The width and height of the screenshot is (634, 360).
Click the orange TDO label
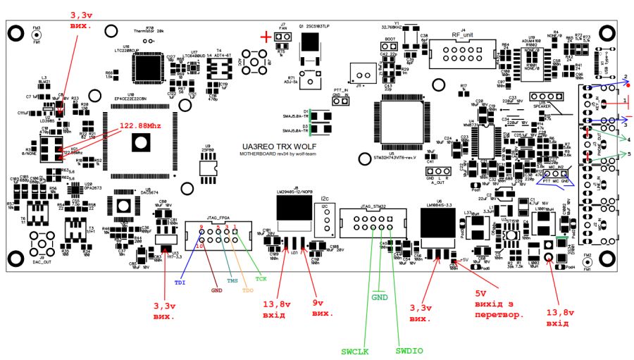[x=247, y=290]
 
